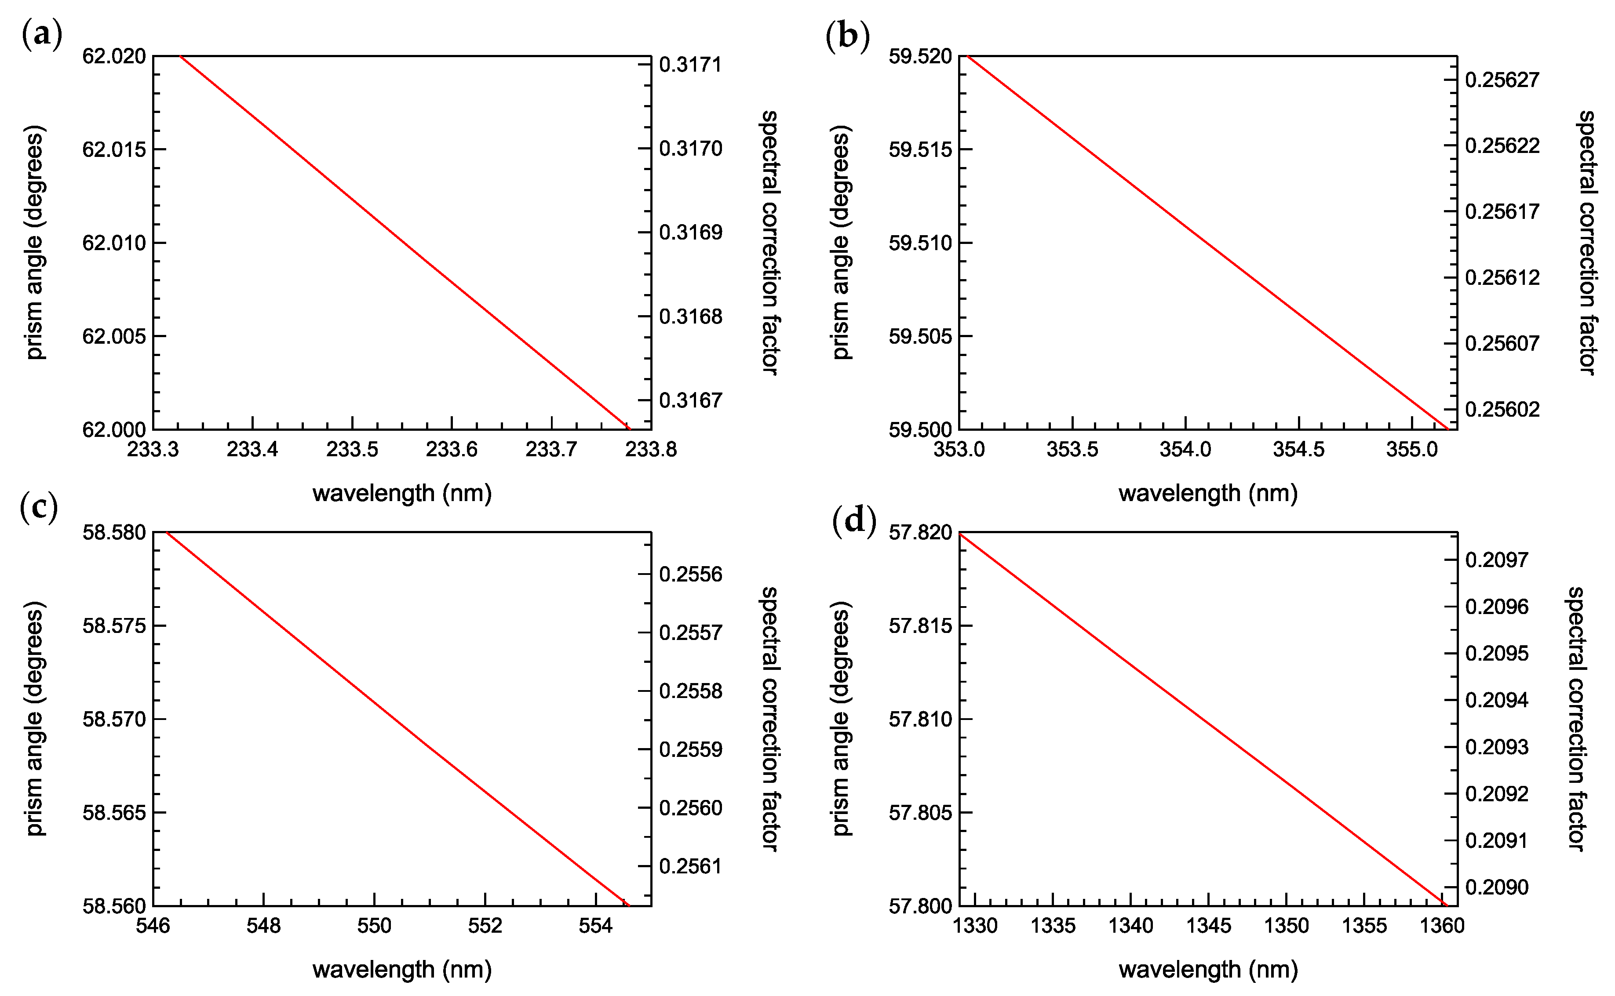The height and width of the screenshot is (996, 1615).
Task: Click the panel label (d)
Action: pyautogui.click(x=854, y=521)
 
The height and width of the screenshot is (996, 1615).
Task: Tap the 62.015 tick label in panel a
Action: pyautogui.click(x=114, y=149)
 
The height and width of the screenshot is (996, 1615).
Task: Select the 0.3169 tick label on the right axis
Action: pyautogui.click(x=691, y=233)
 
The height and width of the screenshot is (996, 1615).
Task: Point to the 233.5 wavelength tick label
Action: pyautogui.click(x=353, y=450)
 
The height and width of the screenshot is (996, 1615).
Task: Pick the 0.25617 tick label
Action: pyautogui.click(x=1502, y=211)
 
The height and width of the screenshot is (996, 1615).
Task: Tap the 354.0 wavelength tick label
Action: pyautogui.click(x=1185, y=450)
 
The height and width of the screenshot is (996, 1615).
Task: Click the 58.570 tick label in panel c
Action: pyautogui.click(x=114, y=719)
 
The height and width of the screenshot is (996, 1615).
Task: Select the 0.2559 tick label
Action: pyautogui.click(x=691, y=749)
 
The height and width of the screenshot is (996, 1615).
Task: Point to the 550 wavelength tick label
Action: pyautogui.click(x=374, y=926)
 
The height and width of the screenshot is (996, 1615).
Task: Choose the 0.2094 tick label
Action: pyautogui.click(x=1496, y=700)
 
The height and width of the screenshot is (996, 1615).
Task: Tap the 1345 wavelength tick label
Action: pyautogui.click(x=1208, y=926)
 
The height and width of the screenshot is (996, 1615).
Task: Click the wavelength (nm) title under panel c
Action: pyautogui.click(x=402, y=970)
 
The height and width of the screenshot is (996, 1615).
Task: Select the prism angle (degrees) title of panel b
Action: pyautogui.click(x=842, y=243)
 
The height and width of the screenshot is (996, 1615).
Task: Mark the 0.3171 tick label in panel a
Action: pyautogui.click(x=691, y=65)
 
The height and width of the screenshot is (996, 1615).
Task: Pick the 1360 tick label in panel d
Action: pyautogui.click(x=1442, y=926)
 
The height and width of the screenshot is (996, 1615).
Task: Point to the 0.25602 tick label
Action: pyautogui.click(x=1502, y=409)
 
